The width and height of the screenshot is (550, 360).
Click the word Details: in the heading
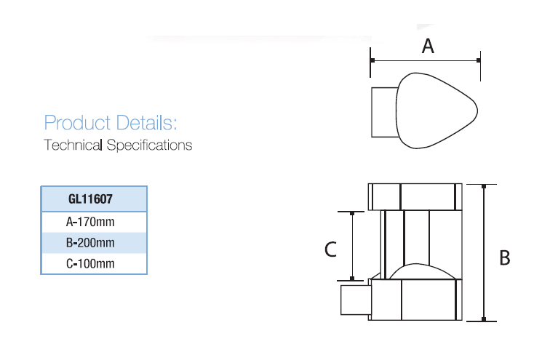tap(146, 123)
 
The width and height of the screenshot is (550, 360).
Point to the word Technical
tap(73, 145)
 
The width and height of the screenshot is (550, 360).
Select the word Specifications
tap(149, 145)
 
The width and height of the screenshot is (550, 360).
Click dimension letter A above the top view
tap(428, 46)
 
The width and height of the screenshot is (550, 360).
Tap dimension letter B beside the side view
tap(504, 258)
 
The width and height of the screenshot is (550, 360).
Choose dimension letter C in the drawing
tap(330, 249)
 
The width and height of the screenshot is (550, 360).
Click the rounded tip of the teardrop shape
tap(477, 111)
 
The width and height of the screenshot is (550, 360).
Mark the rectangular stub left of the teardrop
tap(384, 112)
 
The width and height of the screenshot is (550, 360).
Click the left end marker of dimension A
tap(372, 60)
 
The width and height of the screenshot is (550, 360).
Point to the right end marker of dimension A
tap(479, 60)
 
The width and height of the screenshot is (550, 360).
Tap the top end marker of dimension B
tap(484, 186)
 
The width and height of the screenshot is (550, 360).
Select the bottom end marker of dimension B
tap(484, 319)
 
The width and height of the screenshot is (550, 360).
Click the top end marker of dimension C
tap(352, 213)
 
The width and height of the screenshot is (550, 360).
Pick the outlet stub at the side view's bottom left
tap(356, 300)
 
